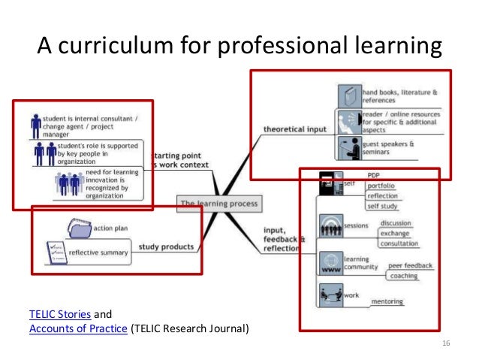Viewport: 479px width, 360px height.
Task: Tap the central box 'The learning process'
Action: [x=218, y=203]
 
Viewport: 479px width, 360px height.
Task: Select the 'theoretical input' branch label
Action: [x=296, y=129]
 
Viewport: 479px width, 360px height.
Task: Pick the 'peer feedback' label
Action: [x=408, y=266]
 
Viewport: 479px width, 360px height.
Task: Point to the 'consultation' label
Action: [x=399, y=244]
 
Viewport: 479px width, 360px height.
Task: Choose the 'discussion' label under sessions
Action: [x=395, y=223]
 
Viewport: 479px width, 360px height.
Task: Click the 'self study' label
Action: [x=383, y=206]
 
